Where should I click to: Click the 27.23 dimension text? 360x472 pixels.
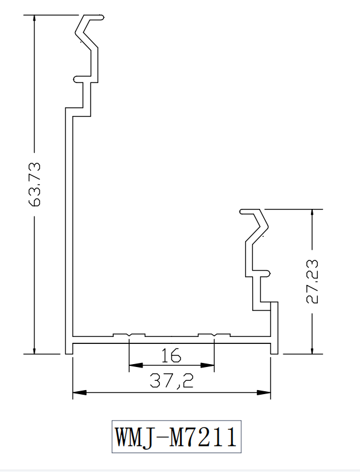click(312, 282)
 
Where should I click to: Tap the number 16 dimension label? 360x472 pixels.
click(171, 355)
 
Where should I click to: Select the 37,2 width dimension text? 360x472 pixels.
click(171, 380)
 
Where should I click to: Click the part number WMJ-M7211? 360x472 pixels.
click(177, 436)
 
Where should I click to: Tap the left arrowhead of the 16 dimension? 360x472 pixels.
click(136, 365)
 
